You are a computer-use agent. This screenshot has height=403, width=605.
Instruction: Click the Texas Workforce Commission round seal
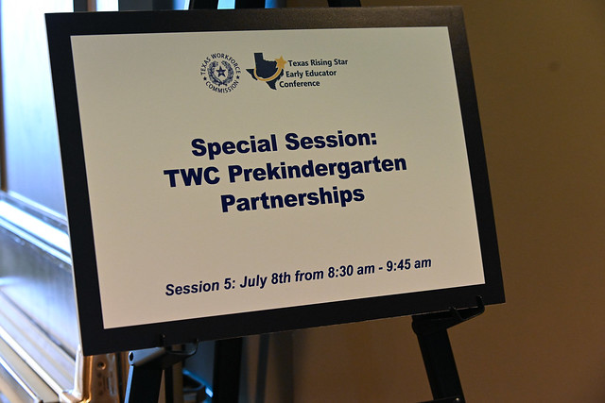point(220,74)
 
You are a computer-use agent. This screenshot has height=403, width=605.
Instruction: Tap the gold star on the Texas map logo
point(281,62)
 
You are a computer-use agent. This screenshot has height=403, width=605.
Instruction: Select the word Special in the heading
point(234,145)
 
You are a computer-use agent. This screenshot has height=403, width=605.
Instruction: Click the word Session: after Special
point(331,141)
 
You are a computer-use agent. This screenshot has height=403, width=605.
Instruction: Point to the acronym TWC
point(192,176)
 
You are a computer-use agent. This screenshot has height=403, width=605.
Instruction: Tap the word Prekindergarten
point(318,170)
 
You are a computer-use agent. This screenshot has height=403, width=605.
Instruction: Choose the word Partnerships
point(292,199)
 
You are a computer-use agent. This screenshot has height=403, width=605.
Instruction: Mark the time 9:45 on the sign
point(398,266)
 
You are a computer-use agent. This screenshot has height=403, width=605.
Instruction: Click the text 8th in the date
point(281,277)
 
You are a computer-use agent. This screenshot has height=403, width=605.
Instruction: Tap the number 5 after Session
point(229,284)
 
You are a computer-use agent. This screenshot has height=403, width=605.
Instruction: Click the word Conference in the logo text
point(300,84)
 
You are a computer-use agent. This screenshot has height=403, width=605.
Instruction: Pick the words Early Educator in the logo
point(311,73)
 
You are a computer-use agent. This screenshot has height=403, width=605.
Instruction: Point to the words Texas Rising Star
point(318,62)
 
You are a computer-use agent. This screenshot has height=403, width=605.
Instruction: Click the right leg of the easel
point(437,358)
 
